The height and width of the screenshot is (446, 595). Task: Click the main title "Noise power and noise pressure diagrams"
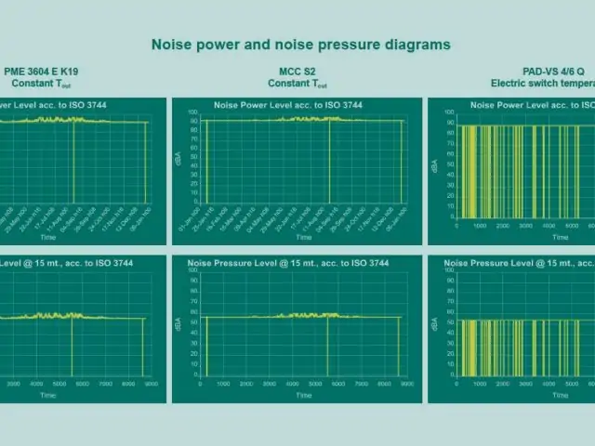[x=300, y=44]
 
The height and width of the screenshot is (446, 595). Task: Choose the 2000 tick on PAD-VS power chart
[x=502, y=226]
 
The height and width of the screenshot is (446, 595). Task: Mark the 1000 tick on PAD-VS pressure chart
[x=479, y=383]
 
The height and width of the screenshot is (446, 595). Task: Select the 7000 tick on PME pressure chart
[x=110, y=383]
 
